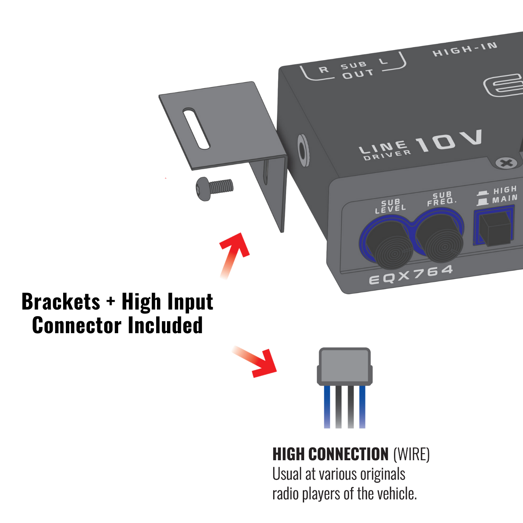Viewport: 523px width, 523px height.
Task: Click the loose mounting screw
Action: [214, 188]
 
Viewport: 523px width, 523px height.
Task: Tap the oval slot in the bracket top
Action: [196, 129]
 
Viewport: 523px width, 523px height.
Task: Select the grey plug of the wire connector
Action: [344, 366]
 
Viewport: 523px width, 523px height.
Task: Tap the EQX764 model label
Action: [411, 274]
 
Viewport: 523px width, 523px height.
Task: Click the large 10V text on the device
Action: [449, 141]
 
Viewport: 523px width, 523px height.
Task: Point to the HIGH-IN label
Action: [465, 49]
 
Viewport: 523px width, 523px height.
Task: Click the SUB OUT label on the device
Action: [356, 70]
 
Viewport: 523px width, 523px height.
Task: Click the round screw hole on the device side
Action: [303, 150]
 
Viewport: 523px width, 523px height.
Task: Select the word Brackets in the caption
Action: [61, 302]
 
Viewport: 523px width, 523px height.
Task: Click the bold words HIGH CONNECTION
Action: [330, 454]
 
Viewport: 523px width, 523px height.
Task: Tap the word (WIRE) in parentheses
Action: [411, 454]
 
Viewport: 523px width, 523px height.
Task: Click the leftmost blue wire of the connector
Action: [327, 407]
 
